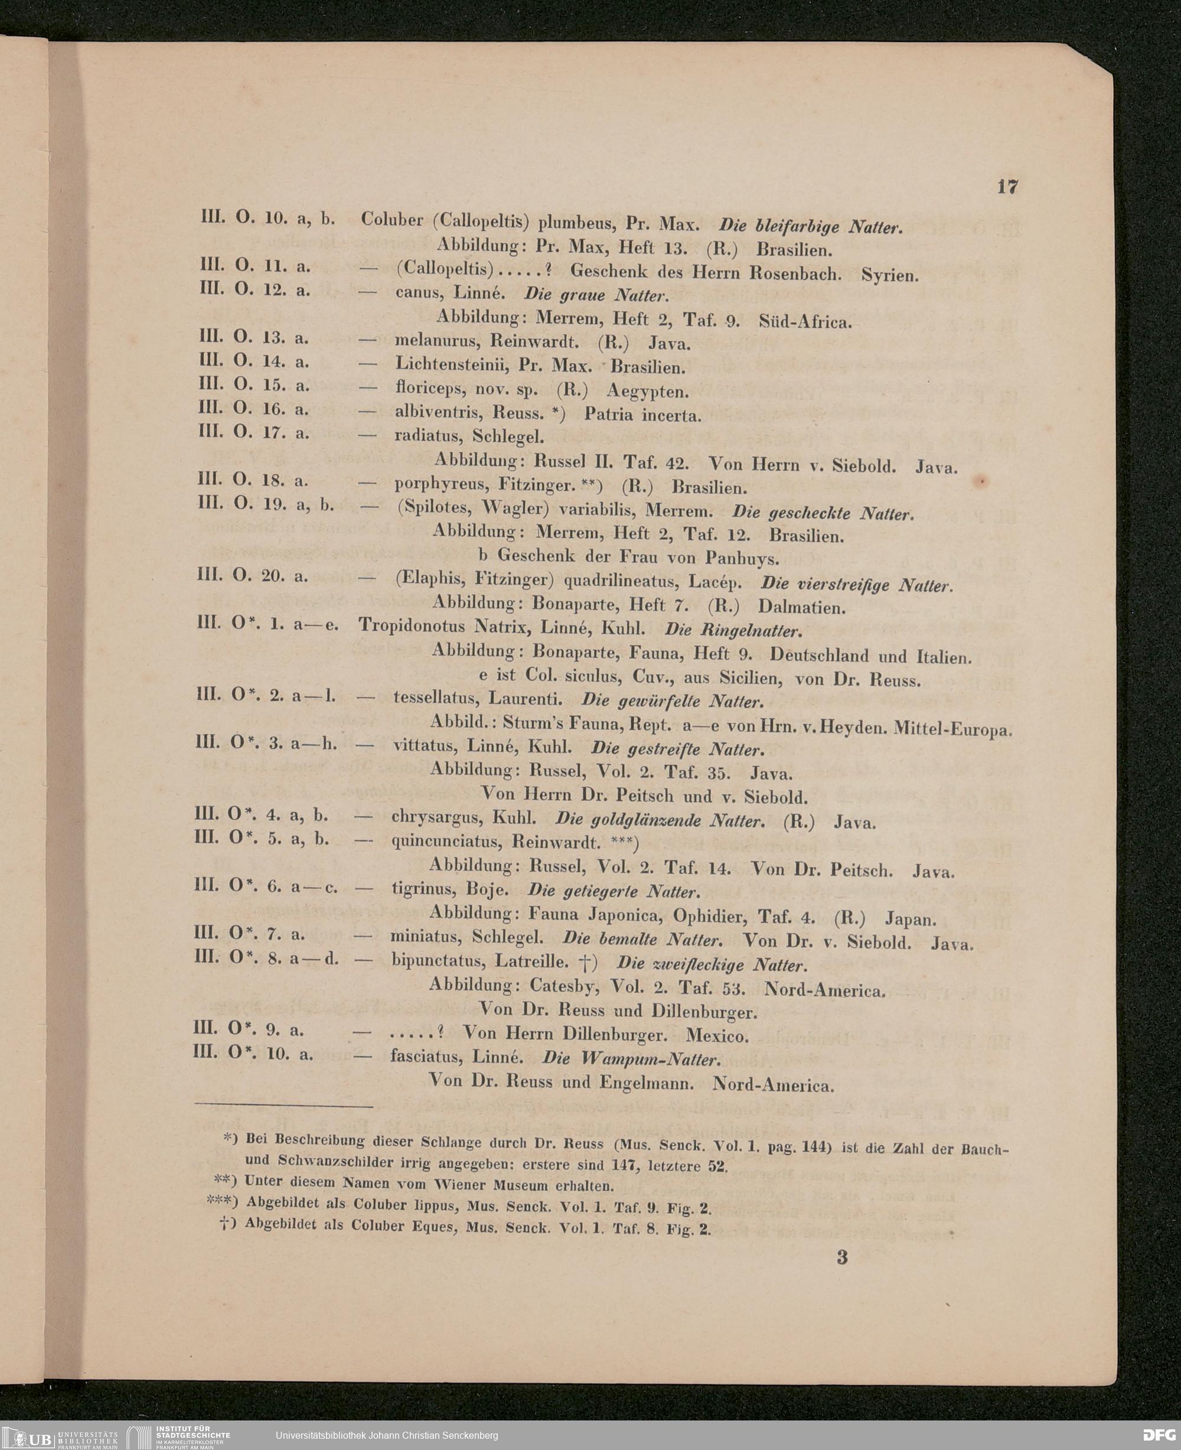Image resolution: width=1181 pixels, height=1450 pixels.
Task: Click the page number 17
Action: coord(1007,187)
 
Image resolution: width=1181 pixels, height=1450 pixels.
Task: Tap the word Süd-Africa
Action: coord(805,321)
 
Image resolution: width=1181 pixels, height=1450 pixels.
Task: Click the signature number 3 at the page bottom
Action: coord(842,1257)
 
